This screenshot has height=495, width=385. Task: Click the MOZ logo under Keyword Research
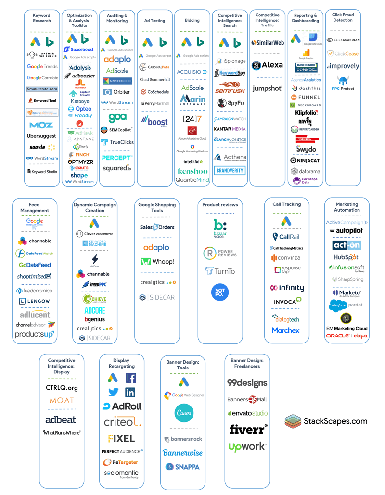pos(41,125)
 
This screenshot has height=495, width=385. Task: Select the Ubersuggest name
pos(41,136)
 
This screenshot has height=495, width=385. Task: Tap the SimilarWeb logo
pos(268,42)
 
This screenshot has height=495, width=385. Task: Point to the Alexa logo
pos(268,65)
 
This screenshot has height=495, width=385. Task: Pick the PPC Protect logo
pos(343,84)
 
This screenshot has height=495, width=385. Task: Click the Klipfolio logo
pos(306,113)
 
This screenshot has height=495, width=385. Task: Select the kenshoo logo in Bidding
pos(192,171)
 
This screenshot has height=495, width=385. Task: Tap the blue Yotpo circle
pos(220,292)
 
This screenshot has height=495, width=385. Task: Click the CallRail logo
pos(286,237)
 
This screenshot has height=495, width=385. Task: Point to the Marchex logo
pos(286,330)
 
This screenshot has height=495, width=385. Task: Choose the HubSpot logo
pos(346,257)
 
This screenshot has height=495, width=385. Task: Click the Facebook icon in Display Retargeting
pos(130,378)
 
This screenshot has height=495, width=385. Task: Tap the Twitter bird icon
pos(113,393)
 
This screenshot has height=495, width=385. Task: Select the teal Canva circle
pos(184,413)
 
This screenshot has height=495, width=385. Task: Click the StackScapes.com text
pos(335,421)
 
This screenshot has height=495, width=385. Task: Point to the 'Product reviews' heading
pos(220,205)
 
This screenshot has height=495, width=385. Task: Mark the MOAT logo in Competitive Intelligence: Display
pos(62,400)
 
